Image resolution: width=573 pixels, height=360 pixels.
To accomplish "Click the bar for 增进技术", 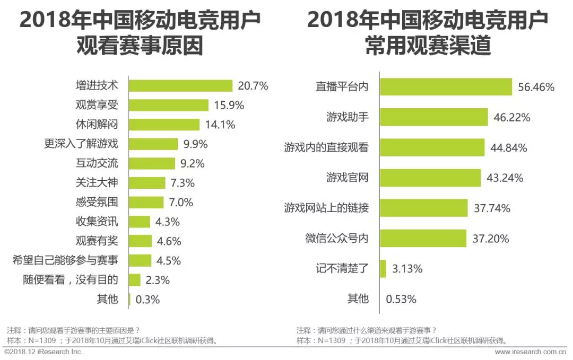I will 181,86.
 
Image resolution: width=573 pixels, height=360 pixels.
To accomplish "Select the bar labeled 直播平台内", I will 446,87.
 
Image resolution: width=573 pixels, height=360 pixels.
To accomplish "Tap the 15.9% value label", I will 229,105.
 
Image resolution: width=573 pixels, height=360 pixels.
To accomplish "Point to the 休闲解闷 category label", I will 97,125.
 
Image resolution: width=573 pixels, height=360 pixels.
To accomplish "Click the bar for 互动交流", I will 152,163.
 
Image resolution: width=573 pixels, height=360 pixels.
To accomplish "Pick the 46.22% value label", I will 512,117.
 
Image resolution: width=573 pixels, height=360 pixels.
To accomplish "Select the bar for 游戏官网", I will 430,178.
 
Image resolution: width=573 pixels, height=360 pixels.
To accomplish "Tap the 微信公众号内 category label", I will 336,238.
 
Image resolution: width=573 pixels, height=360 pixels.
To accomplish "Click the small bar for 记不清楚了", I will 383,268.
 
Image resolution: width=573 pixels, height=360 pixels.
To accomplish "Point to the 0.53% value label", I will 401,298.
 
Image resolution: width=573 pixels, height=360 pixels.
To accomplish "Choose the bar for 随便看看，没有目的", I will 135,280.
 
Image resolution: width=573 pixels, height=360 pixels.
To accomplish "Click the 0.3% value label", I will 147,299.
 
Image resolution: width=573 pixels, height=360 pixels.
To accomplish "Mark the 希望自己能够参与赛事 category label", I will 65,260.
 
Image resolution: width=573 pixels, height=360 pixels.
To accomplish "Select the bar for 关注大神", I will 147,183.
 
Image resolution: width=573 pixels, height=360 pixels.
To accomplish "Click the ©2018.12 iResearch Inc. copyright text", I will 44,352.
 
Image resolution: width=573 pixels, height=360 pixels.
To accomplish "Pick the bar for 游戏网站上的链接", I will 423,208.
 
